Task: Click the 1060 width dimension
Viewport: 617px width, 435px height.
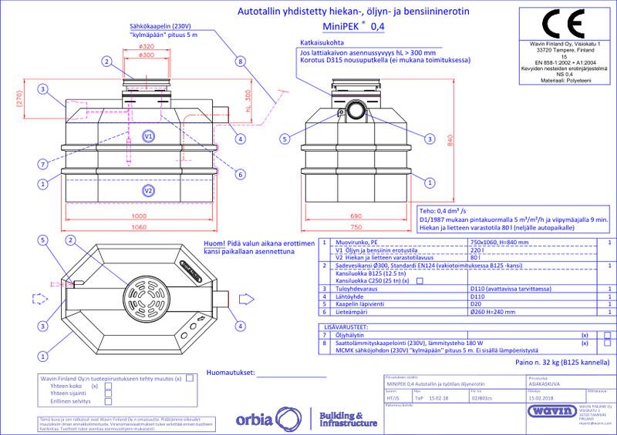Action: pyautogui.click(x=139, y=227)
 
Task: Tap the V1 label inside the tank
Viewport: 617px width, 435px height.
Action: pyautogui.click(x=149, y=136)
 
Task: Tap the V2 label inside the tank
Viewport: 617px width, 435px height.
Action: pyautogui.click(x=149, y=189)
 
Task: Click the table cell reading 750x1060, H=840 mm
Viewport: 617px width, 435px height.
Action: pyautogui.click(x=496, y=242)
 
